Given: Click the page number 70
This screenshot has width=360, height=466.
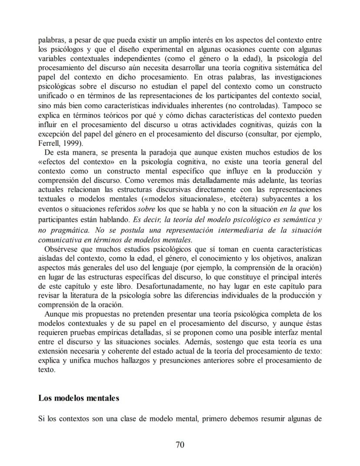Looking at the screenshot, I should pyautogui.click(x=180, y=444).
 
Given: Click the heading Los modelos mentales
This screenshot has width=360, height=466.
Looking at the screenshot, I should pyautogui.click(x=79, y=398).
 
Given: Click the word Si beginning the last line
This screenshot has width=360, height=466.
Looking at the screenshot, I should pyautogui.click(x=41, y=419).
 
